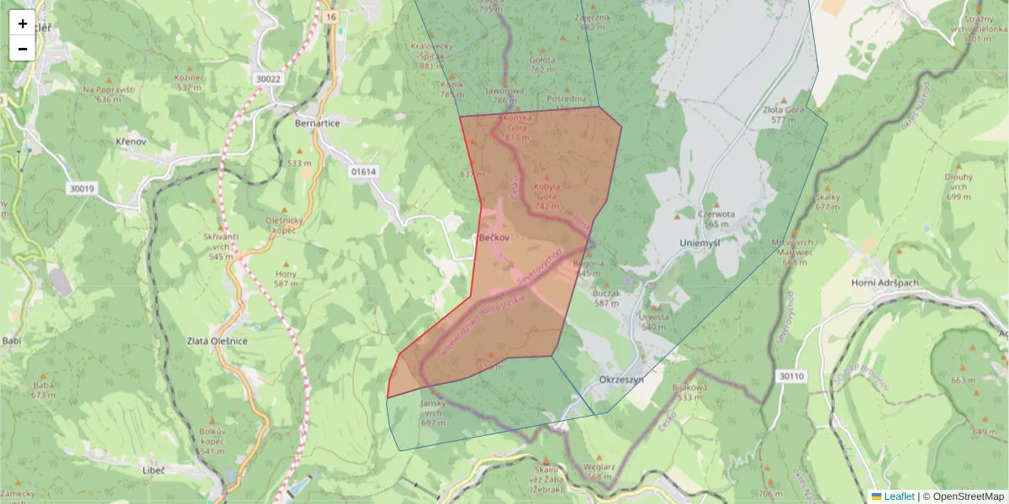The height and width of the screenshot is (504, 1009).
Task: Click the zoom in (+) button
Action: pos(23,24)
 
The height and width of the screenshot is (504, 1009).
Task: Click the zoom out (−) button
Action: pos(23,49)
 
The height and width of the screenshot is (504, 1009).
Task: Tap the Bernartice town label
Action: pos(317,123)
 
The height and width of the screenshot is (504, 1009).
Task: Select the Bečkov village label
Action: pos(494,239)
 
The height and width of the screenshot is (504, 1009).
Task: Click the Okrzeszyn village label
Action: pos(621,380)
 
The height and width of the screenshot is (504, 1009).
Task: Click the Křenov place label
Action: pos(131,142)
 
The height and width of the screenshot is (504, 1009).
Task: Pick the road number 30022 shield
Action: pos(267,79)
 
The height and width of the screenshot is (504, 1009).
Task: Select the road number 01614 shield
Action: pos(364,171)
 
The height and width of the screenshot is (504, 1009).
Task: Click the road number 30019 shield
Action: pos(82,189)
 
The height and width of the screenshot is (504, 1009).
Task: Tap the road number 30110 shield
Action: pos(791,375)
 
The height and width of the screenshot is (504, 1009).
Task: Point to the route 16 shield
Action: pos(330,17)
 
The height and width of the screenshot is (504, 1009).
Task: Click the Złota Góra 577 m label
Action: pos(784,114)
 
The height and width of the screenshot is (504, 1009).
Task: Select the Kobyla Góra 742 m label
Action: pos(546,196)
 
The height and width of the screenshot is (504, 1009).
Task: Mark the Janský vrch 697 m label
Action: pos(432,412)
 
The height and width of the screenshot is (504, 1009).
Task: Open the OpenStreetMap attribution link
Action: pos(969,496)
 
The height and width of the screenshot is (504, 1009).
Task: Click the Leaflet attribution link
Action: pos(899,496)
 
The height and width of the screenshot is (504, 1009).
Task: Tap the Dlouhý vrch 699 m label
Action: pos(959,186)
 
